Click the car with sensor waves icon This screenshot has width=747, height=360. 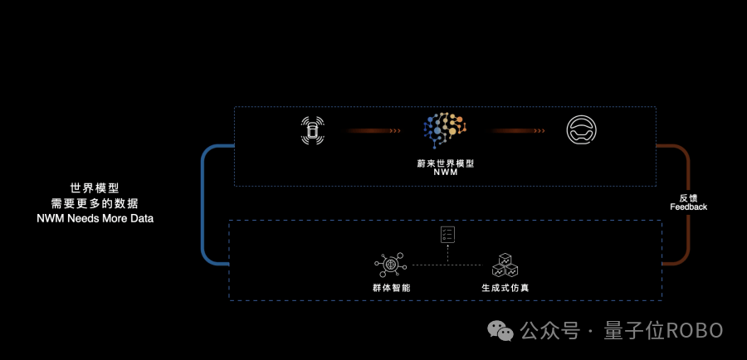pyautogui.click(x=313, y=130)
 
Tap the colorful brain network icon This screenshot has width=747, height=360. pyautogui.click(x=445, y=130)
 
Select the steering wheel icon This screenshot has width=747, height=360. pyautogui.click(x=581, y=130)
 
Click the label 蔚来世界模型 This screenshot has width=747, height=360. pyautogui.click(x=446, y=163)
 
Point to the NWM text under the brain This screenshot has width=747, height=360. pyautogui.click(x=446, y=173)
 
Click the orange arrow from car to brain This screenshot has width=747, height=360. pyautogui.click(x=373, y=130)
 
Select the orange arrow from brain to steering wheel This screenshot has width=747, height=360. pyautogui.click(x=518, y=130)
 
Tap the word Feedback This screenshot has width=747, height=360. pyautogui.click(x=688, y=207)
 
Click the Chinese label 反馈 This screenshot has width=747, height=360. pyautogui.click(x=688, y=198)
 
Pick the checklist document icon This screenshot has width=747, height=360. pyautogui.click(x=448, y=234)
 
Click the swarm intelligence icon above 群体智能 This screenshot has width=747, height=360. pyautogui.click(x=390, y=265)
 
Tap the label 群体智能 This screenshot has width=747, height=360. pyautogui.click(x=392, y=288)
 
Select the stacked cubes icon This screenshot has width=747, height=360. pyautogui.click(x=505, y=265)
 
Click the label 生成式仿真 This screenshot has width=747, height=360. pyautogui.click(x=505, y=288)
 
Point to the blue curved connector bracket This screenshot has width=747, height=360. pyautogui.click(x=203, y=205)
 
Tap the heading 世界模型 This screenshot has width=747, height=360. pyautogui.click(x=95, y=188)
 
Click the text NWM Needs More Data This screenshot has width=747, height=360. pyautogui.click(x=95, y=219)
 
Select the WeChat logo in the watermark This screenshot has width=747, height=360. pyautogui.click(x=500, y=330)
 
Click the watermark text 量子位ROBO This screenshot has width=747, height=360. pyautogui.click(x=663, y=330)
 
